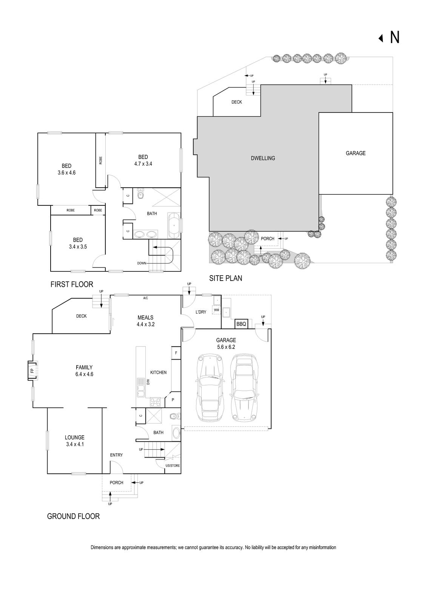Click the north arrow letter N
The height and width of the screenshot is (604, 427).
point(395,37)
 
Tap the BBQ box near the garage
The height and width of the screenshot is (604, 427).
point(241,324)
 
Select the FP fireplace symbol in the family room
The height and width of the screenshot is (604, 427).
point(32,371)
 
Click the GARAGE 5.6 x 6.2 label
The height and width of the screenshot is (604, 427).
point(226,343)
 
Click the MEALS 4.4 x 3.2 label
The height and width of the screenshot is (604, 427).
point(145,320)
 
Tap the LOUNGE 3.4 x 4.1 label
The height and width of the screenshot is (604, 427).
point(75,441)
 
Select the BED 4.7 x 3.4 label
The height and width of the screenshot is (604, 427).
point(143,160)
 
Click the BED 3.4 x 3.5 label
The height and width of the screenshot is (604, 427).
point(78,243)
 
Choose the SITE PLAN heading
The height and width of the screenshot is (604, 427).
point(225,278)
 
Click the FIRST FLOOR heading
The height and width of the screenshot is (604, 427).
point(72,284)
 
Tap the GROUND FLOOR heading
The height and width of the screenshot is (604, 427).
point(73,516)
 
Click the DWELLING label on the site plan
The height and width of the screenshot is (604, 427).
point(263,158)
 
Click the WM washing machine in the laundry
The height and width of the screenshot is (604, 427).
point(216,310)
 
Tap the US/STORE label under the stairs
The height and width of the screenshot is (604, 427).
point(173,465)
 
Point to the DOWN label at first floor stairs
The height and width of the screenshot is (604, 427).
point(142,263)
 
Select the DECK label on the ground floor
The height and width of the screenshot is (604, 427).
point(81,316)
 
